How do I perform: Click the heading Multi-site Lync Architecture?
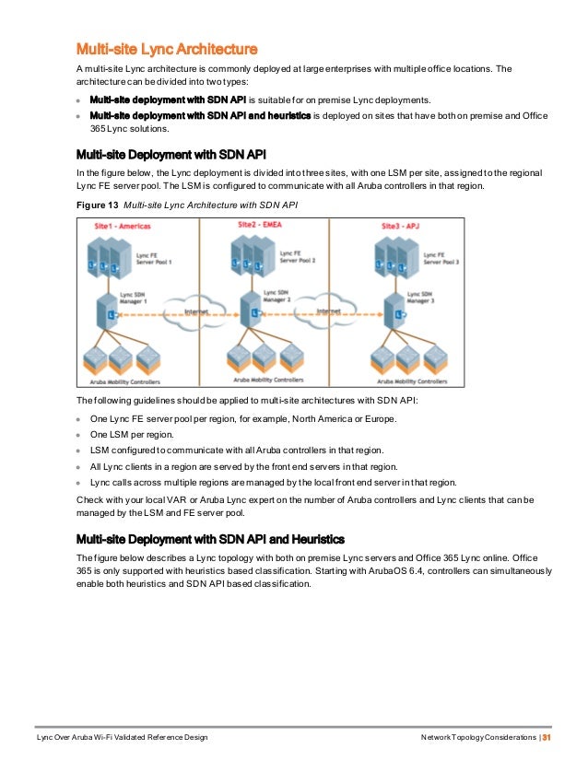[166, 48]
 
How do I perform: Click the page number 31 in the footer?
[546, 739]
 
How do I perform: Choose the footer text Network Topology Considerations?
[478, 739]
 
